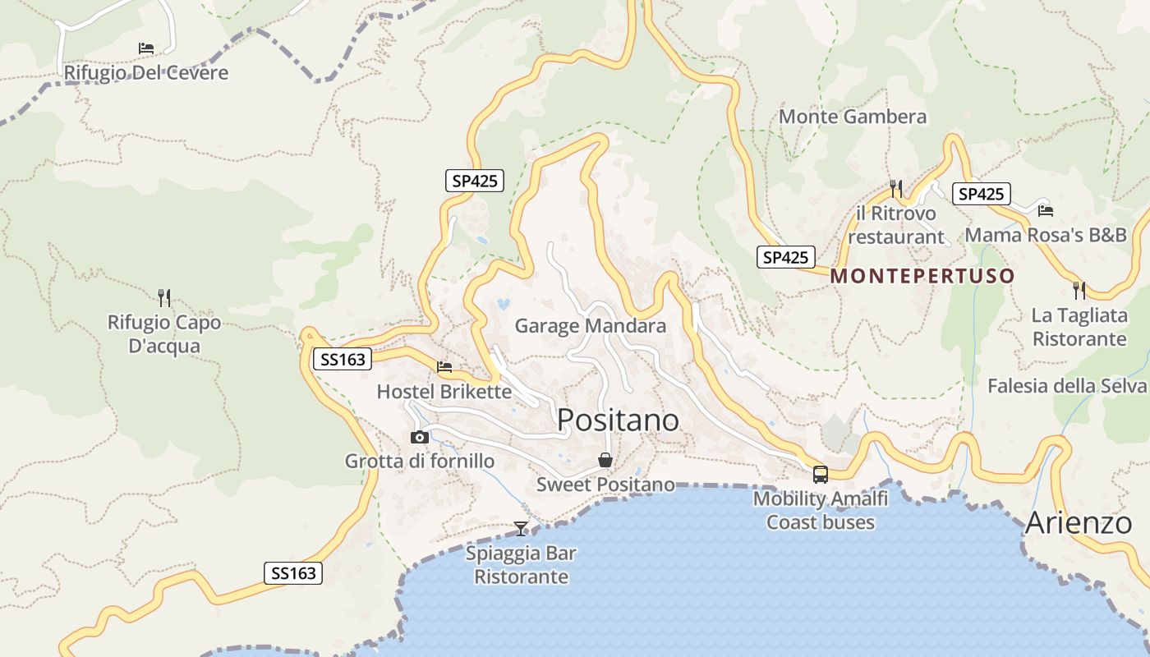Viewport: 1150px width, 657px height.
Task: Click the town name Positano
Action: [618, 420]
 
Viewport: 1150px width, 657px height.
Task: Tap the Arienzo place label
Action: [1079, 522]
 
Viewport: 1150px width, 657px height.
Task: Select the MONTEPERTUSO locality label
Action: [922, 276]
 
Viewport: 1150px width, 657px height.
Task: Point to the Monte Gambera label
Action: [852, 117]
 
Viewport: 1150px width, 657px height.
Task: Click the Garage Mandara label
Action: [590, 326]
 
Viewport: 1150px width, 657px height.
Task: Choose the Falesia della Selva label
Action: [1066, 386]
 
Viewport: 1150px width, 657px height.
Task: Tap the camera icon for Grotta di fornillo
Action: [420, 437]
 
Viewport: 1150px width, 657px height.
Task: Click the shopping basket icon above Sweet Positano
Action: [605, 460]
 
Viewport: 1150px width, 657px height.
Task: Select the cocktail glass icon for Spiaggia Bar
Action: [521, 528]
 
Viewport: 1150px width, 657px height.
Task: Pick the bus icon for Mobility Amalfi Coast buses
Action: [820, 474]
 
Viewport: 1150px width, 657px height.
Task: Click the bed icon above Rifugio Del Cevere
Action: [146, 48]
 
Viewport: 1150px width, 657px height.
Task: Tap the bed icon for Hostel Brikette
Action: [444, 366]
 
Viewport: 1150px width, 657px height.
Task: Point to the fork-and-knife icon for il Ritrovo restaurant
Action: [895, 189]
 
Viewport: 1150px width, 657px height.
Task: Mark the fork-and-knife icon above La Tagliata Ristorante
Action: [1079, 290]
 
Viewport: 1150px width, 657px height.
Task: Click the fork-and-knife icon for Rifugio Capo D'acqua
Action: [164, 297]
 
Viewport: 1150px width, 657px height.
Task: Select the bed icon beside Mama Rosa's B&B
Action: [1045, 210]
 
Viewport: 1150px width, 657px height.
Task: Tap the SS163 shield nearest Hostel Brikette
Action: [343, 359]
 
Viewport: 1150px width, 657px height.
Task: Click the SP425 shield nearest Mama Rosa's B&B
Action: [981, 194]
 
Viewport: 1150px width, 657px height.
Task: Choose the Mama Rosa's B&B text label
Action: [1046, 235]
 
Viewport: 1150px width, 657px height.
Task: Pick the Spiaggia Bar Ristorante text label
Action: [521, 565]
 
